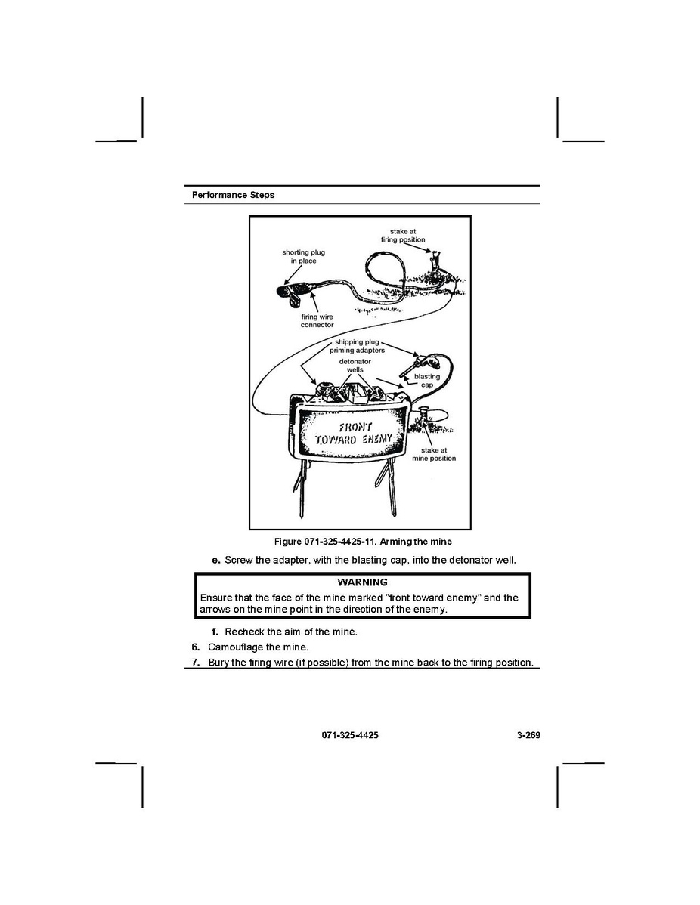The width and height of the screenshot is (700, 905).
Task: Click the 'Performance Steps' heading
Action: [234, 195]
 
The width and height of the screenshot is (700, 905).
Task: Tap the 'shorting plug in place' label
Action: [303, 256]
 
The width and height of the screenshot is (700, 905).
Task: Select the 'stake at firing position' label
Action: [403, 236]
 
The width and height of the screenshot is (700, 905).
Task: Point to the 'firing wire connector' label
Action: [317, 320]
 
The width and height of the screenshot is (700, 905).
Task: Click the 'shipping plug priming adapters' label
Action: [357, 346]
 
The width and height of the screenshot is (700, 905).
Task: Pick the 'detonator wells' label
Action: [355, 366]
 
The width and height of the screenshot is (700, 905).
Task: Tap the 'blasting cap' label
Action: [427, 380]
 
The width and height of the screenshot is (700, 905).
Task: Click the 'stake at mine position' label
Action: [434, 454]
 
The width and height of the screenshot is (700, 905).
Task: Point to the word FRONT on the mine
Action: [355, 427]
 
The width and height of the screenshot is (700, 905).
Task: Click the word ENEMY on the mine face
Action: [377, 439]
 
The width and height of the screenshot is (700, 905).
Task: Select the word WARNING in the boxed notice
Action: [362, 582]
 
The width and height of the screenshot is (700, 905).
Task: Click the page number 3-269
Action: [528, 735]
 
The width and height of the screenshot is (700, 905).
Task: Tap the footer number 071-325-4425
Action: [350, 735]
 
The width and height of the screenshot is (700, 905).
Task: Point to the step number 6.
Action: [195, 647]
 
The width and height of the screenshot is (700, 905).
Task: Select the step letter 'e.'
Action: [217, 560]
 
